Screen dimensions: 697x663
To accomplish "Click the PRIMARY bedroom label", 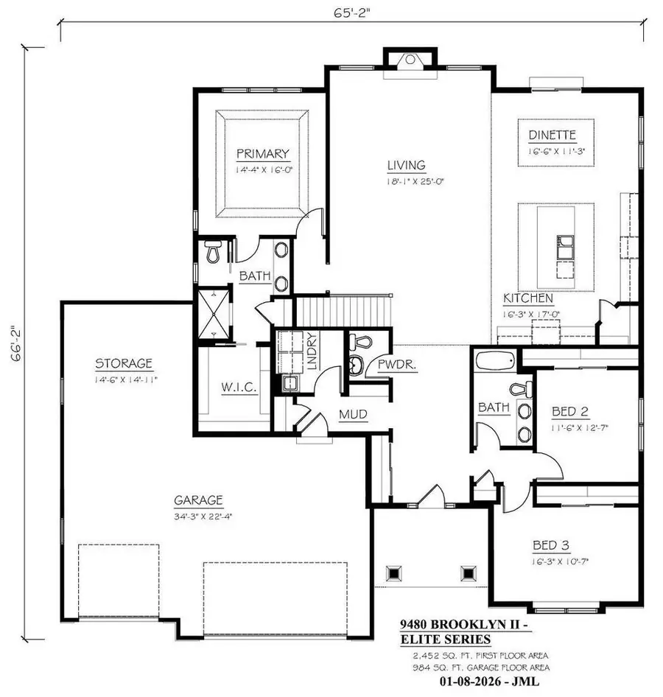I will pos(262,154).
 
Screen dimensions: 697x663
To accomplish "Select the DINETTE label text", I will pos(551,135).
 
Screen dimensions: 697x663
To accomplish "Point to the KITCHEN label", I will pos(528,298).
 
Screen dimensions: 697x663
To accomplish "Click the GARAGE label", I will pos(198,500).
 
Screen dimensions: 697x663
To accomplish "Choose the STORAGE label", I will pos(124,362).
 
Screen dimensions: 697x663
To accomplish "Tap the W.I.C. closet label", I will pos(239,388).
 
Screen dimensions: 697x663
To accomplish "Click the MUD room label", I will pos(353,415).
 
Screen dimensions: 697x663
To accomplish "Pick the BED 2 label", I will pos(572,412).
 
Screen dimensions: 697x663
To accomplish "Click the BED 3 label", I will pos(551,546).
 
